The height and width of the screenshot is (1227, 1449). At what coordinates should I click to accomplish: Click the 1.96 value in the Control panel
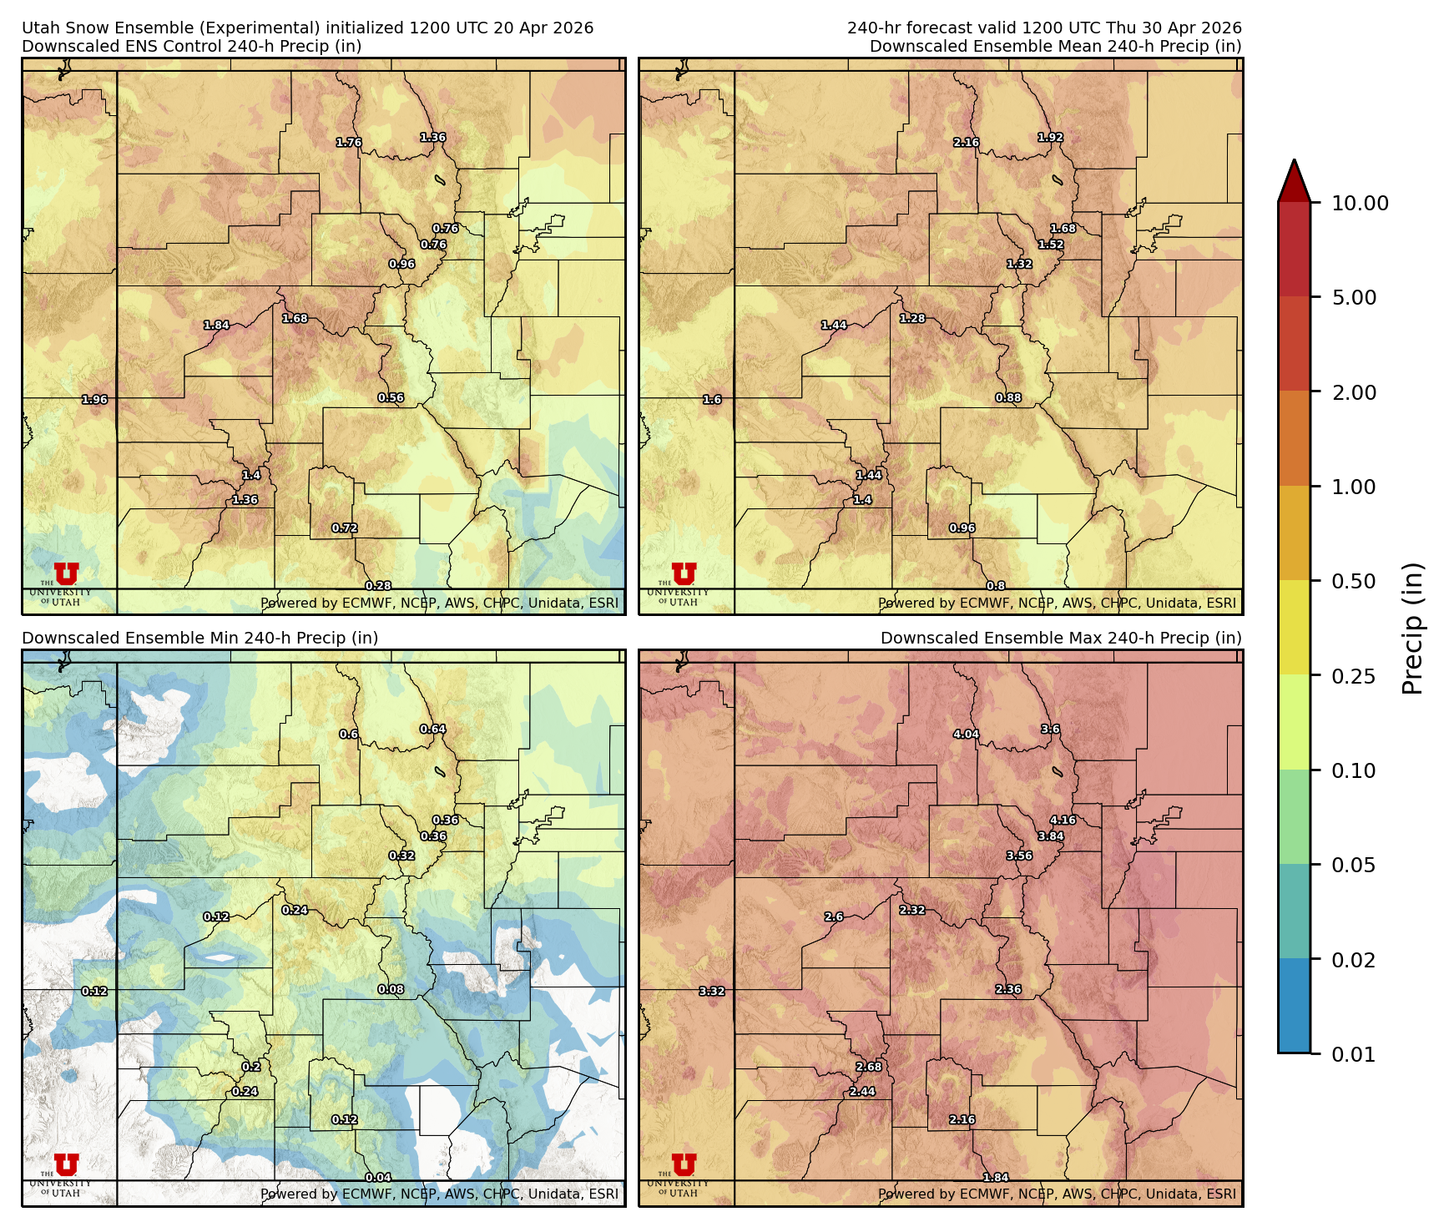coord(94,400)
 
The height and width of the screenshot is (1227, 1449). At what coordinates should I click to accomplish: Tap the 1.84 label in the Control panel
coord(216,326)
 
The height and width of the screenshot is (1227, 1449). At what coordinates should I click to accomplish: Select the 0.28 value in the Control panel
coord(378,586)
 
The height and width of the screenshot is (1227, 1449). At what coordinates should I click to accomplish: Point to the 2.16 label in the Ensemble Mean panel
coord(966,143)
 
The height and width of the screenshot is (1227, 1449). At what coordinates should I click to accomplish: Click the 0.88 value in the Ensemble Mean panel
coord(1008,398)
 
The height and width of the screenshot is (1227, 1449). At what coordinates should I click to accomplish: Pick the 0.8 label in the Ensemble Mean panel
coord(996,586)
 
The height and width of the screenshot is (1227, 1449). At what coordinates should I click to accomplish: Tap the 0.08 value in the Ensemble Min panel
coord(391,989)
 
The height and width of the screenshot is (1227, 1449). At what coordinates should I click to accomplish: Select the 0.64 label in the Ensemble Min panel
coord(432,729)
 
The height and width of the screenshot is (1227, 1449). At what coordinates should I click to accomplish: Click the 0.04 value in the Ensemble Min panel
coord(378,1178)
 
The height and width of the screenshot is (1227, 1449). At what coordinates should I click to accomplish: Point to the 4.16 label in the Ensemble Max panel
coord(1063,820)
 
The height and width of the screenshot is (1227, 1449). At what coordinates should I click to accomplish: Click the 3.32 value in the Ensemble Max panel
coord(711,991)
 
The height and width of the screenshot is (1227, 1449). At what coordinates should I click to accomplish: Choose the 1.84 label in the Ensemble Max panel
coord(996,1178)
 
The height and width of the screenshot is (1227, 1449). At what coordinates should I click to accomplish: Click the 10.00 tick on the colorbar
coord(1360,203)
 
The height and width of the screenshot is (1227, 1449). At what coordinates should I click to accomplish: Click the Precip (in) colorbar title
coord(1411,628)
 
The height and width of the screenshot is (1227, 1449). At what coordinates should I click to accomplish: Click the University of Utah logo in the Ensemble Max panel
coord(683,1165)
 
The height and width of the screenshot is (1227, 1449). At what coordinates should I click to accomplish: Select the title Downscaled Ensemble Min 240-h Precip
coord(200,638)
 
